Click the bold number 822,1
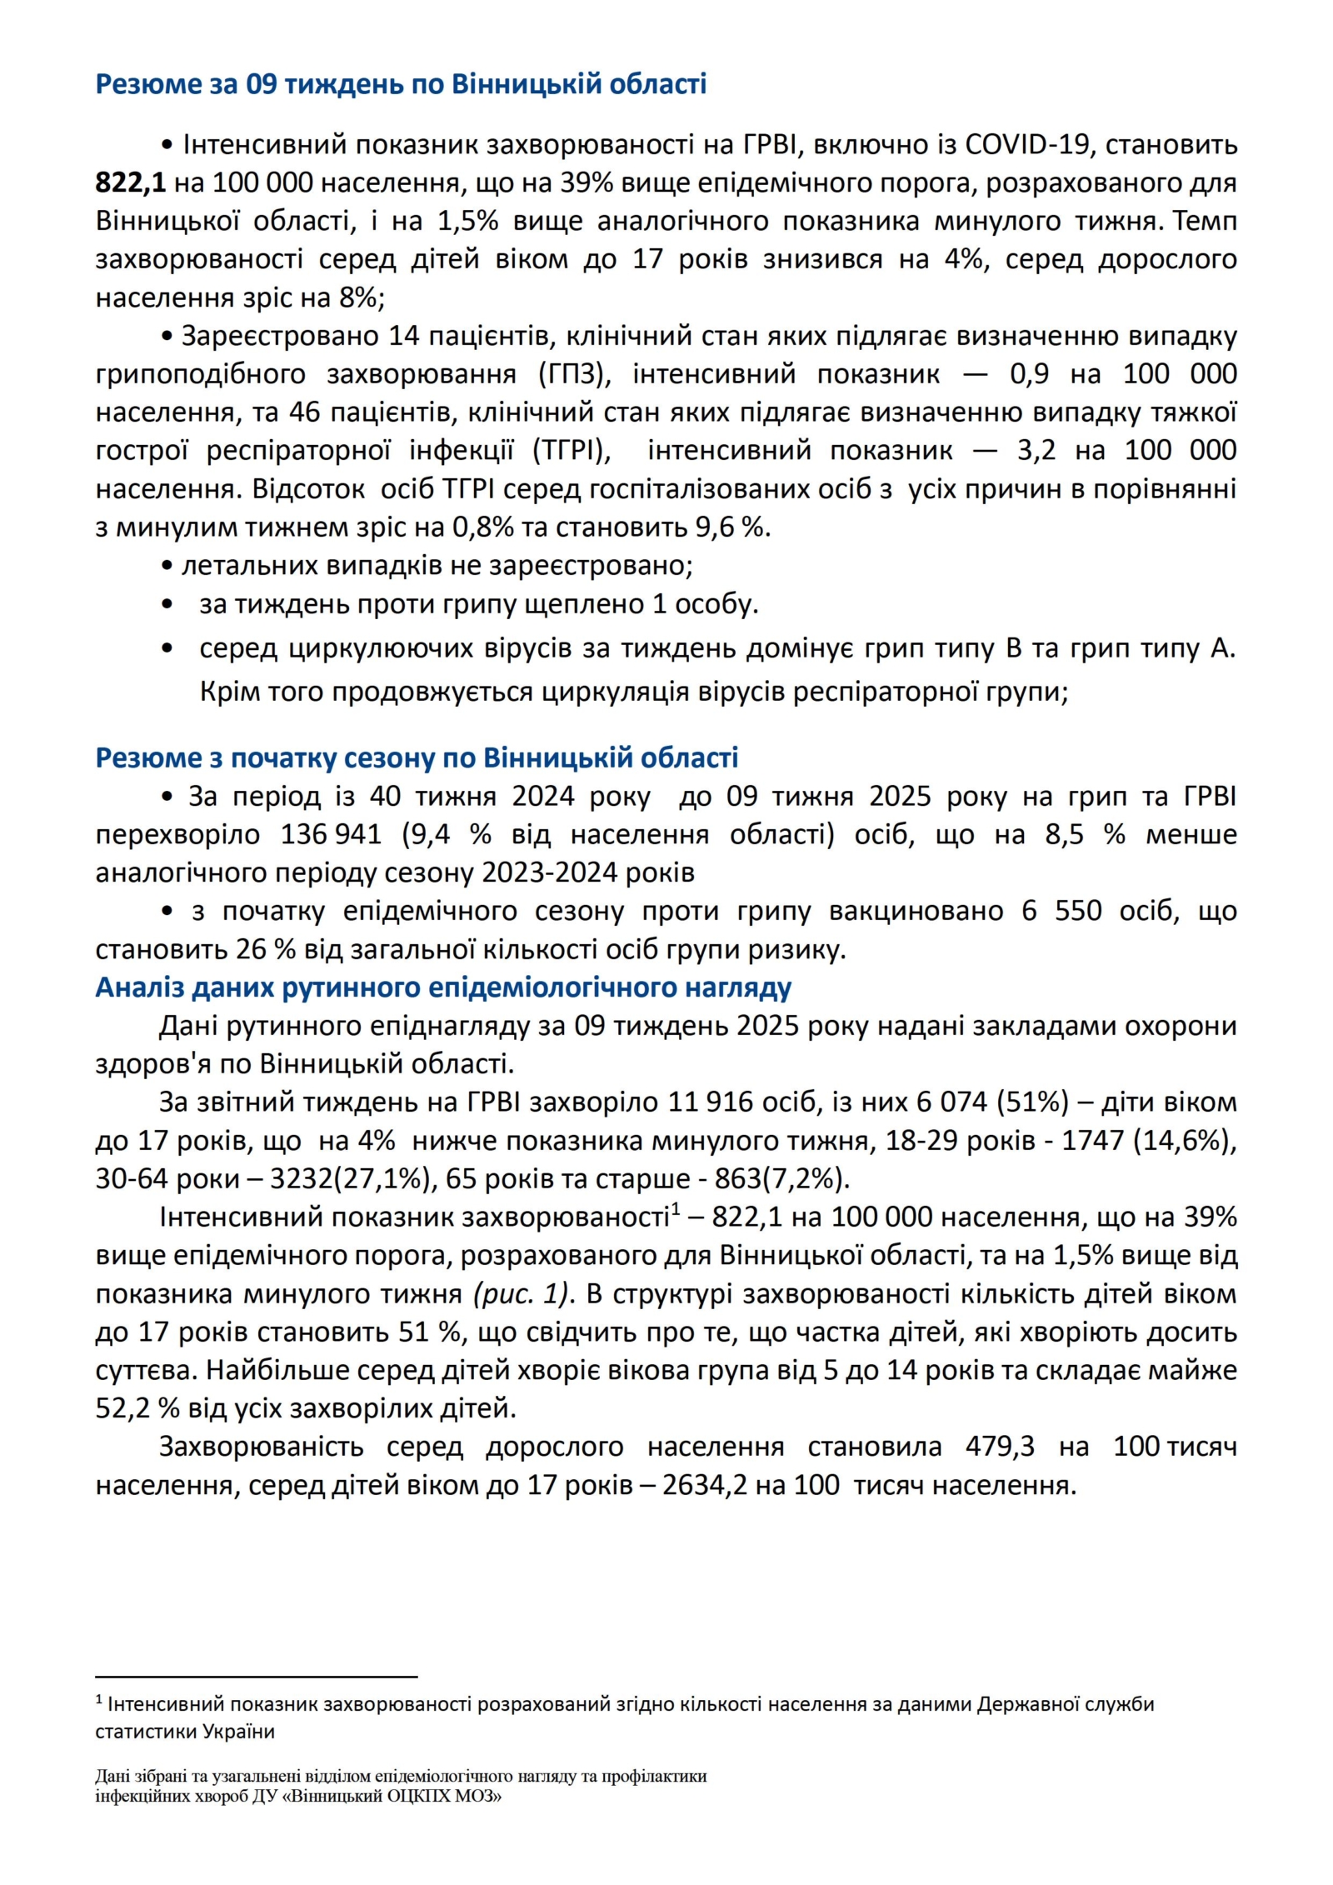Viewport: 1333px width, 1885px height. [131, 183]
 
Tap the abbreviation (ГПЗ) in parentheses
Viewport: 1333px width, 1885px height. [574, 374]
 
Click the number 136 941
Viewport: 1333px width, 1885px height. [331, 835]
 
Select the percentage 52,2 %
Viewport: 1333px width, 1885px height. [137, 1409]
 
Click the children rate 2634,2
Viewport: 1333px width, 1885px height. [705, 1486]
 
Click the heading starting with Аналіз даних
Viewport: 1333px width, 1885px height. [443, 987]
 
